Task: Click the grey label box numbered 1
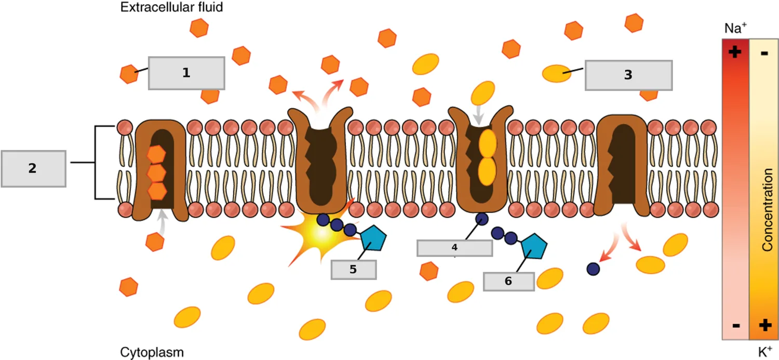186,73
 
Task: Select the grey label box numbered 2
33,169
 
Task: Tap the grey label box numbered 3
628,75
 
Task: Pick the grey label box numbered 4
454,248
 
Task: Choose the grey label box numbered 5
353,270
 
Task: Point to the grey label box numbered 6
508,282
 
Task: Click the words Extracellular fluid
171,7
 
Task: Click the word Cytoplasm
152,352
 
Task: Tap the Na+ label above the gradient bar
735,28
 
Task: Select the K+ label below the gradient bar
765,352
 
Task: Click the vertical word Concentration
767,210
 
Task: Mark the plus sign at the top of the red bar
734,52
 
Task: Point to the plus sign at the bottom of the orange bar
765,325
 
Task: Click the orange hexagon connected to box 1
129,74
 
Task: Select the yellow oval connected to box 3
557,73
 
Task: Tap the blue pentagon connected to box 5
373,238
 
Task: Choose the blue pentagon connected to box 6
534,246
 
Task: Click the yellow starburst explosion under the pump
320,232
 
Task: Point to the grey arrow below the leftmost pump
162,222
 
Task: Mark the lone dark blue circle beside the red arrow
593,269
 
